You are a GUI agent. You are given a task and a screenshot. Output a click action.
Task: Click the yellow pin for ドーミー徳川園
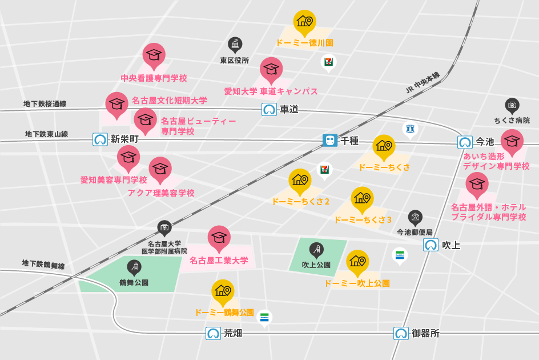[304, 22]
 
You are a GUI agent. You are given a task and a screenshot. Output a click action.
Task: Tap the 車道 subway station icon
[269, 109]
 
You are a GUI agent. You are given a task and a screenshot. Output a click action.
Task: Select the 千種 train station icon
[330, 140]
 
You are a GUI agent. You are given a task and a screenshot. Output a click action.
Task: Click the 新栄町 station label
[124, 139]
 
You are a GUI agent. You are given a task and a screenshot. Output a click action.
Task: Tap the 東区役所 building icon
[235, 44]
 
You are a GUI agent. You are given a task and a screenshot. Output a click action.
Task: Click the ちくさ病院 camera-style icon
[512, 105]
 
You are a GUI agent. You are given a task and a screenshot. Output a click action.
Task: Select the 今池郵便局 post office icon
[415, 217]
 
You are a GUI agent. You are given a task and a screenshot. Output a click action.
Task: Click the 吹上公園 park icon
[316, 249]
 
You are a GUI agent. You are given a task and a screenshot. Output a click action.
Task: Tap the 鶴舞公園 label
[134, 282]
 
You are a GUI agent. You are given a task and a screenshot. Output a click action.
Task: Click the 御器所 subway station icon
[401, 333]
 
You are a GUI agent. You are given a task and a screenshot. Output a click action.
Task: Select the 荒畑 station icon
[213, 333]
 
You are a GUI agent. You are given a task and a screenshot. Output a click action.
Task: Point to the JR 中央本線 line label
[423, 83]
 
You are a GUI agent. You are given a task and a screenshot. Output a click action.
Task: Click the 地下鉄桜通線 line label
[45, 104]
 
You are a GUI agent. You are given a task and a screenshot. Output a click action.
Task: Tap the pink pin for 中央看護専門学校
[154, 55]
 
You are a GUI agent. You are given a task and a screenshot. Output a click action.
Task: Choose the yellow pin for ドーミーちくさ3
[362, 199]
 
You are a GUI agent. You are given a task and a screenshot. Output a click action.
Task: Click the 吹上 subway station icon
[431, 245]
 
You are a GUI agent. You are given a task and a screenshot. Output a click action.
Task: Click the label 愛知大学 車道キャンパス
[271, 91]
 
